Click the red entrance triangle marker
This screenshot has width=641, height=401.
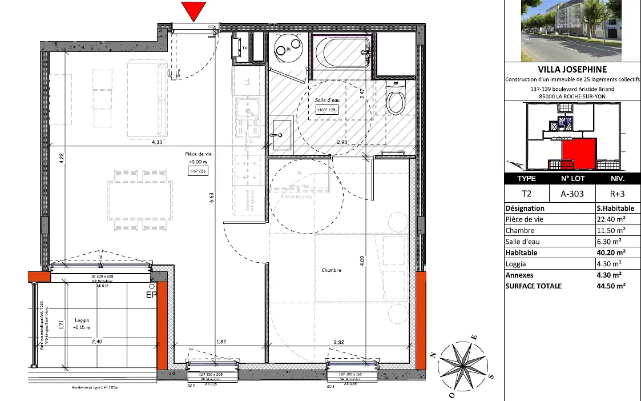[x=193, y=11]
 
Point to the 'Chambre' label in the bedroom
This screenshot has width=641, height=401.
[x=331, y=270]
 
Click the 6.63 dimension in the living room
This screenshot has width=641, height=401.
[x=211, y=197]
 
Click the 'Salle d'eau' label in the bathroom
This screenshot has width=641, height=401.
[x=325, y=101]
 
